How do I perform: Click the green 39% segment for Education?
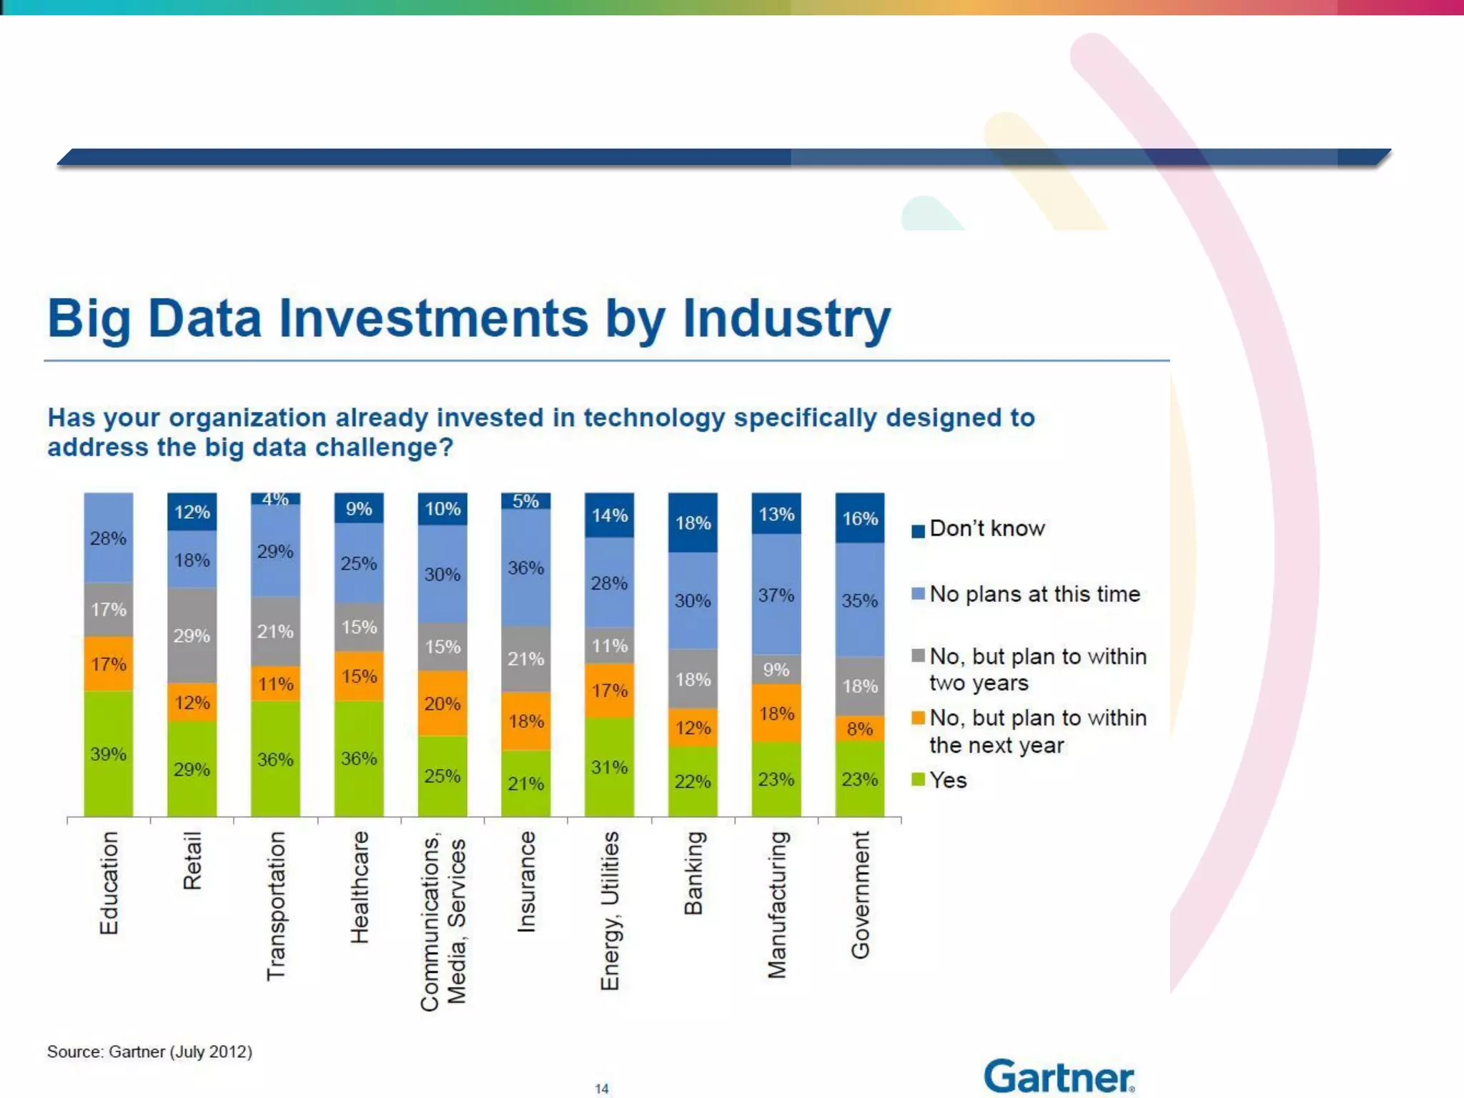pos(109,753)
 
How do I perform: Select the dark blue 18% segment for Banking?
pos(693,523)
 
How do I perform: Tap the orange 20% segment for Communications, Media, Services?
pos(442,703)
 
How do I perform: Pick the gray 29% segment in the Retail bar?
pos(192,635)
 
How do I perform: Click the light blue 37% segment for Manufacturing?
pos(776,595)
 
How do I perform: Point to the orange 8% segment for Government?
pos(860,729)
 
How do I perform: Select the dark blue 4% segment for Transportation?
pos(275,498)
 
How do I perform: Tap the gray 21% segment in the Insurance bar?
pos(526,659)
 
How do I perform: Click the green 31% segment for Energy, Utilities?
pos(609,767)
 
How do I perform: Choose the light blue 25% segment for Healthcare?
pos(359,563)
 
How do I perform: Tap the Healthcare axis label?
pos(360,886)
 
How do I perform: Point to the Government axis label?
pos(860,894)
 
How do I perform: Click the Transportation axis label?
pos(276,905)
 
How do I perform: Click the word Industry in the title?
pos(786,319)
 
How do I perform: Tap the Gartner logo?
pos(1059,1077)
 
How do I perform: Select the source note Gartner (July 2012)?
pos(149,1052)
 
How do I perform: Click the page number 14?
pos(602,1088)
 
